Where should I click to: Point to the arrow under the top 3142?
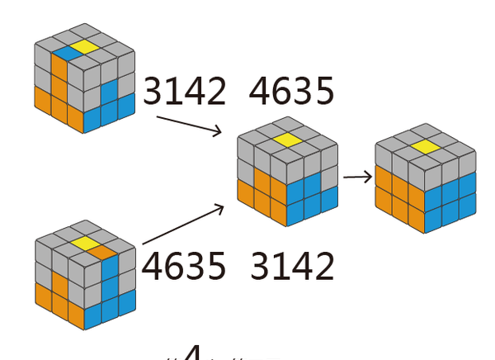[x=189, y=125]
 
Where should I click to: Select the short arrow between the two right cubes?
[x=357, y=176]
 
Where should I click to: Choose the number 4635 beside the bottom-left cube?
[x=183, y=266]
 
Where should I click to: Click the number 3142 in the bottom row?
[x=293, y=266]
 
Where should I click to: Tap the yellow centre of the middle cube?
[x=286, y=140]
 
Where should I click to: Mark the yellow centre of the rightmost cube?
[x=426, y=147]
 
